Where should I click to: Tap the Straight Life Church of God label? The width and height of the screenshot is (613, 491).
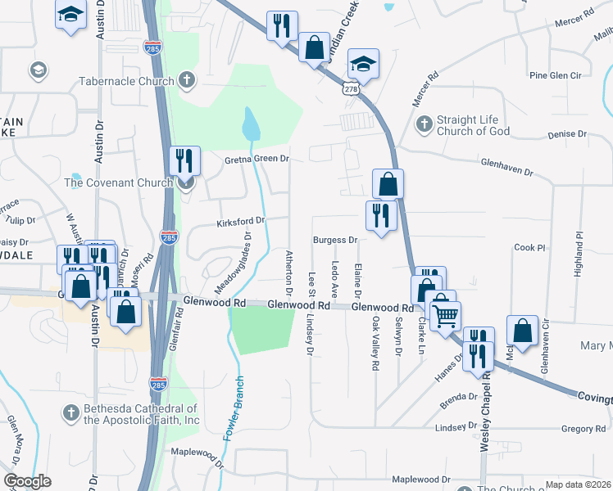click(473, 125)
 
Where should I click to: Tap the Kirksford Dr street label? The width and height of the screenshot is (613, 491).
click(241, 221)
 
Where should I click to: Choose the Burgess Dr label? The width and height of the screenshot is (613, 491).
click(335, 241)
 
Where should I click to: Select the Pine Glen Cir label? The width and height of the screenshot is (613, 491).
click(555, 75)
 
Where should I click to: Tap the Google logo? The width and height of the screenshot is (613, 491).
click(27, 481)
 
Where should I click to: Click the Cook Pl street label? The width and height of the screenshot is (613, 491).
click(529, 247)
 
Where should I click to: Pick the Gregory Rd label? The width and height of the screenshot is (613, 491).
click(583, 429)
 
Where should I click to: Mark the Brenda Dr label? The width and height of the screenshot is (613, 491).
click(457, 397)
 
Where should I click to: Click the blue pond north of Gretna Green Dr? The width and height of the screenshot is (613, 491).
click(251, 124)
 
